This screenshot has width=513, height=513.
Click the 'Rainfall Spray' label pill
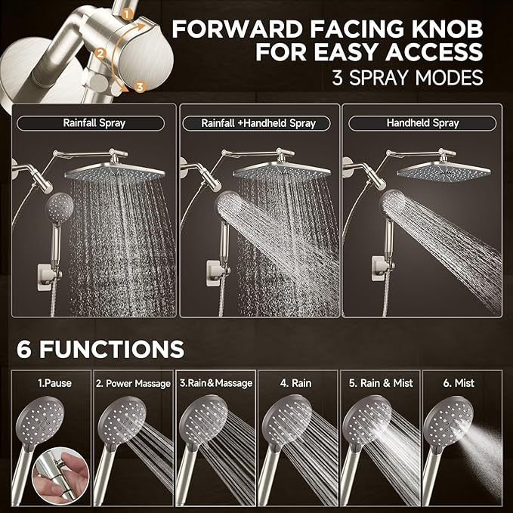[x=94, y=122]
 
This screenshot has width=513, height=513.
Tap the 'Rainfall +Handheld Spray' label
[x=259, y=122]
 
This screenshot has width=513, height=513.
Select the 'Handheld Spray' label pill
[x=423, y=122]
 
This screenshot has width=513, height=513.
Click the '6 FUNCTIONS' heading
[x=101, y=349]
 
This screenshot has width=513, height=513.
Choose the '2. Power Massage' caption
[x=133, y=383]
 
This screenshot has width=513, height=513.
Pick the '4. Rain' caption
[x=297, y=383]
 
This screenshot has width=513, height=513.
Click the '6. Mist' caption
[x=460, y=383]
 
